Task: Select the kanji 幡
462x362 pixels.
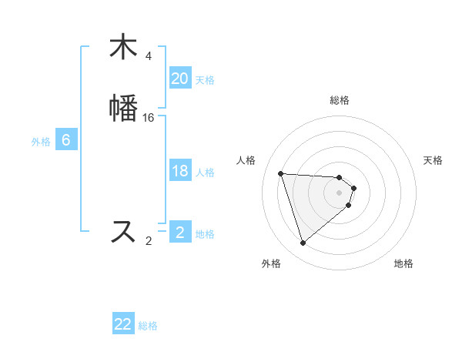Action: pos(123,107)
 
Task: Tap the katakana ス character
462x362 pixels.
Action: pos(123,230)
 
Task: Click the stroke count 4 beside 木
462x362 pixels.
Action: pos(149,56)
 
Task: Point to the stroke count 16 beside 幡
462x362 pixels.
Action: pos(149,117)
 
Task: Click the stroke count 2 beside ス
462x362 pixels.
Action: pos(149,241)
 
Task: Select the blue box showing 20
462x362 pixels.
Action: pos(179,79)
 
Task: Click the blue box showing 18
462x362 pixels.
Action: pos(179,171)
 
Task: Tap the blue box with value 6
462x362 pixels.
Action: pos(65,140)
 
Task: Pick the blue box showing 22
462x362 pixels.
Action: pos(123,324)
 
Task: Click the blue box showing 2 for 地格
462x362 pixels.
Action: pos(179,233)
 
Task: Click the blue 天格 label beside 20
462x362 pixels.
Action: pos(205,80)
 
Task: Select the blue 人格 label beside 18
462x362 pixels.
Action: pos(205,173)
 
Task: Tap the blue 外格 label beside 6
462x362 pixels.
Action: pos(41,142)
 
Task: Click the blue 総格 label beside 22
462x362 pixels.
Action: pos(148,326)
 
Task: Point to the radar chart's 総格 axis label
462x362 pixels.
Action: pos(340,100)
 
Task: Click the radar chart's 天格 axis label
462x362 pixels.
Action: pos(433,160)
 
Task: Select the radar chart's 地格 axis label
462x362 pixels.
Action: pos(403,263)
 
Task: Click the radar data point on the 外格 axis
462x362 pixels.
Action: pos(303,243)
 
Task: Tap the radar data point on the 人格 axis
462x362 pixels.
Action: pos(280,173)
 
